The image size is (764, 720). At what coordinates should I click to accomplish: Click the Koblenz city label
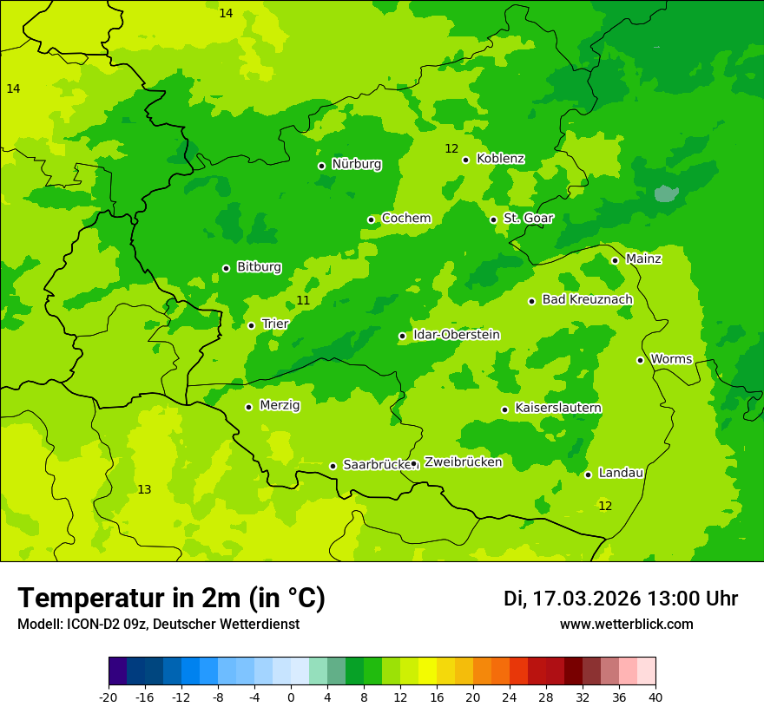pyautogui.click(x=500, y=159)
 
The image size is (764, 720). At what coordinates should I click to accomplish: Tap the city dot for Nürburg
pyautogui.click(x=321, y=166)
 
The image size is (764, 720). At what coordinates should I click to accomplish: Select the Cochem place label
pyautogui.click(x=406, y=219)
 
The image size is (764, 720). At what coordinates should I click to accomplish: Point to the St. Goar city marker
pyautogui.click(x=493, y=219)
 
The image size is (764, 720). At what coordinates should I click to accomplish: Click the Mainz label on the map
pyautogui.click(x=643, y=259)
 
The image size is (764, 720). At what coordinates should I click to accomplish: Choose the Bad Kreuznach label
pyautogui.click(x=587, y=299)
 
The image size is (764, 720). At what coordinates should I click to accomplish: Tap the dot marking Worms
pyautogui.click(x=640, y=360)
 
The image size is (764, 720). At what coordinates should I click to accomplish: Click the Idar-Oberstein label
pyautogui.click(x=457, y=335)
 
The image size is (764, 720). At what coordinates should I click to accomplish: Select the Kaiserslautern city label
pyautogui.click(x=558, y=408)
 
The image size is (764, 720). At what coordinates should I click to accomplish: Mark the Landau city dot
pyautogui.click(x=588, y=475)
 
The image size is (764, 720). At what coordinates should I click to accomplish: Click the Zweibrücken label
pyautogui.click(x=463, y=462)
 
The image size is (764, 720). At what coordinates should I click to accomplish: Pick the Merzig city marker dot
pyautogui.click(x=248, y=407)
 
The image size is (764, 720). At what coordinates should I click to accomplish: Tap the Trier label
pyautogui.click(x=275, y=324)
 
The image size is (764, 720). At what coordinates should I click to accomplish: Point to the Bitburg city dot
pyautogui.click(x=226, y=268)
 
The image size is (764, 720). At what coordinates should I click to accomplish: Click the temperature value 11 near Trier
pyautogui.click(x=303, y=300)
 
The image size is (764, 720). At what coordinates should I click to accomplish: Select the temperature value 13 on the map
pyautogui.click(x=144, y=489)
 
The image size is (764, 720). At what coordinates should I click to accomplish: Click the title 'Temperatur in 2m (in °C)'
pyautogui.click(x=171, y=598)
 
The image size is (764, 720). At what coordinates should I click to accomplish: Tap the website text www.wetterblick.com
pyautogui.click(x=626, y=624)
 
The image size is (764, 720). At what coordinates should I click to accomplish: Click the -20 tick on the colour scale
pyautogui.click(x=109, y=697)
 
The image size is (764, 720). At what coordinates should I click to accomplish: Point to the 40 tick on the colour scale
pyautogui.click(x=655, y=697)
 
